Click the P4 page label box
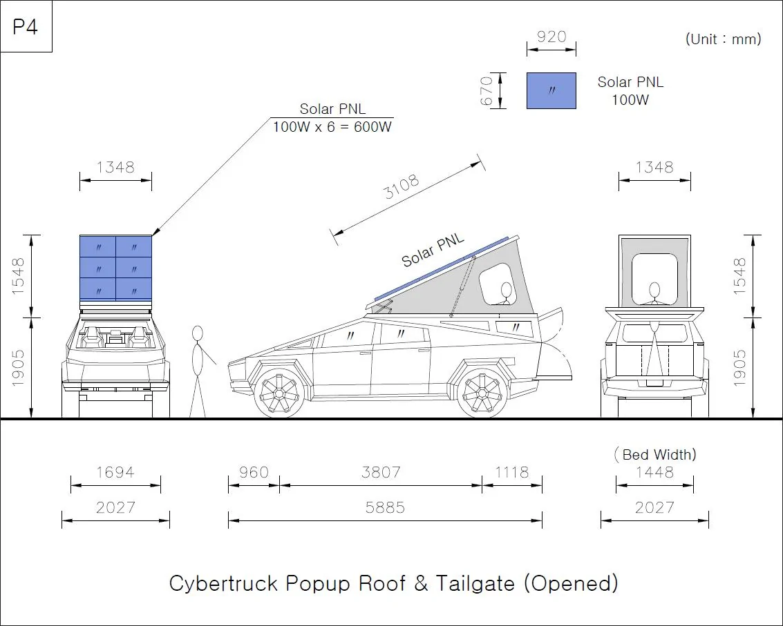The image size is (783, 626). tap(26, 26)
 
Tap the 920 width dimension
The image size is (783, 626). tap(551, 37)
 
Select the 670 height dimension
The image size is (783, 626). tap(487, 91)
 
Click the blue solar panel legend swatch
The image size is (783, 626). tap(551, 91)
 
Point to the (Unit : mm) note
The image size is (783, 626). tap(723, 39)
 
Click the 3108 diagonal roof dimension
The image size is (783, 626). tap(402, 186)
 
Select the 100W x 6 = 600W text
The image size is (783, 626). tap(332, 127)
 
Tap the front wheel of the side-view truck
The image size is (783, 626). tap(279, 392)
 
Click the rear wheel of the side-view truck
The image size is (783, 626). tap(482, 393)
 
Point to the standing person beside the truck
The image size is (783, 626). tap(199, 371)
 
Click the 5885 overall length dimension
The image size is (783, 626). tap(385, 507)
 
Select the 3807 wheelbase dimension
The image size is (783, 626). tap(381, 472)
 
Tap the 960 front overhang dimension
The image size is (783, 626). tap(254, 472)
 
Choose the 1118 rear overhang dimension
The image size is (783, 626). tap(512, 472)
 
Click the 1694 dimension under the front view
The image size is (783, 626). tap(115, 472)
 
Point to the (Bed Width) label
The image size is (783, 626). tap(654, 454)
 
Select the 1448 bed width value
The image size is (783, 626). tap(654, 472)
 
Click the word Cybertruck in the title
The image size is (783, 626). tap(223, 583)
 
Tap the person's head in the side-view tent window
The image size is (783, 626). tap(507, 290)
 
